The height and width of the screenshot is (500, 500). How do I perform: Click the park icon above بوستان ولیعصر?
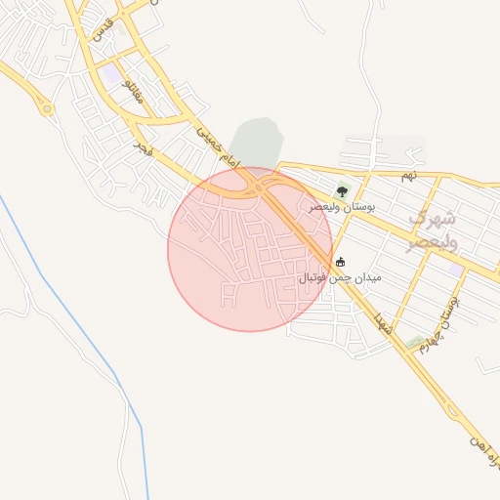tap(342, 191)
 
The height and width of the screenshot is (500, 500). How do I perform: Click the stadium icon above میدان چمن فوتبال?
tap(340, 262)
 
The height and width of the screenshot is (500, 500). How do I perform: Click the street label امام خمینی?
tap(217, 143)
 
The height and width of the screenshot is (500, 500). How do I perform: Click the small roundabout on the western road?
tap(46, 108)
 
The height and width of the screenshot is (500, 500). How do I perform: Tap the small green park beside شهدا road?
tap(417, 341)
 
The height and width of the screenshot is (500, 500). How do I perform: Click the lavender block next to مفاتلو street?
tap(114, 74)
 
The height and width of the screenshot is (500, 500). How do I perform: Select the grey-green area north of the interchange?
tap(256, 142)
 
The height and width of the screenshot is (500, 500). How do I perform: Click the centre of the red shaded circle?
tap(250, 249)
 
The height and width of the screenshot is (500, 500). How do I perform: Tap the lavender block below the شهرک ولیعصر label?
tap(451, 262)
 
